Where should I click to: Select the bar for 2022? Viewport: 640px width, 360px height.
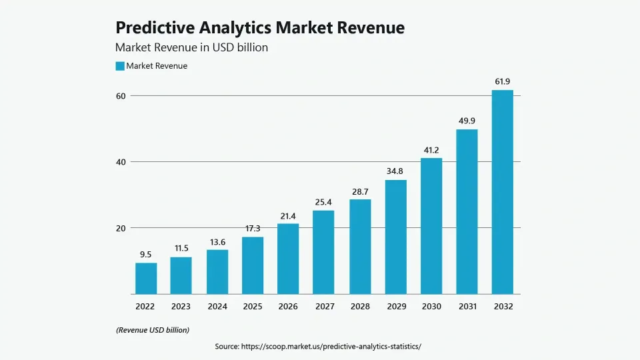pos(146,278)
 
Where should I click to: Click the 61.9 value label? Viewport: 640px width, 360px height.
pos(502,81)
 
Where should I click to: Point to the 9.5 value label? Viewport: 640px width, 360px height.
pos(146,254)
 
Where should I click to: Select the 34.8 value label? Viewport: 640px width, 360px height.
pos(395,171)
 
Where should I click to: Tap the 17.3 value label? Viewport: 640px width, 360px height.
pos(253,229)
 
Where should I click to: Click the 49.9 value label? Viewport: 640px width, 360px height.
pos(467,121)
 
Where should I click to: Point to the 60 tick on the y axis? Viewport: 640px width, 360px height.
pos(121,96)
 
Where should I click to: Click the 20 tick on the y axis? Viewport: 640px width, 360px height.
pos(121,228)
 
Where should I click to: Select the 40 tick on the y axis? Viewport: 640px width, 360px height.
pos(121,162)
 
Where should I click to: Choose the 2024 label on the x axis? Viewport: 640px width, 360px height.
pos(217,307)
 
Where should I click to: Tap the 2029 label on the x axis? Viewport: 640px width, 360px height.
pos(395,307)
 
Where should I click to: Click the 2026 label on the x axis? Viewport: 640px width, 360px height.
pos(288,307)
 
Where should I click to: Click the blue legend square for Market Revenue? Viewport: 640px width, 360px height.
pos(120,66)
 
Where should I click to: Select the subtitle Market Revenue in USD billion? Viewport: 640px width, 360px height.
pos(191,47)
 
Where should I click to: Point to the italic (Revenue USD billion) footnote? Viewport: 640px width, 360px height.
pos(153,330)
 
